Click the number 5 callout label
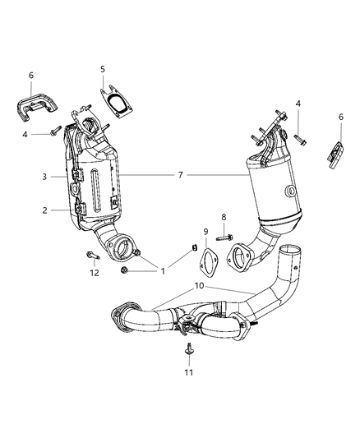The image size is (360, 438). (103, 70)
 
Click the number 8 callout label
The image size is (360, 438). (222, 217)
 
